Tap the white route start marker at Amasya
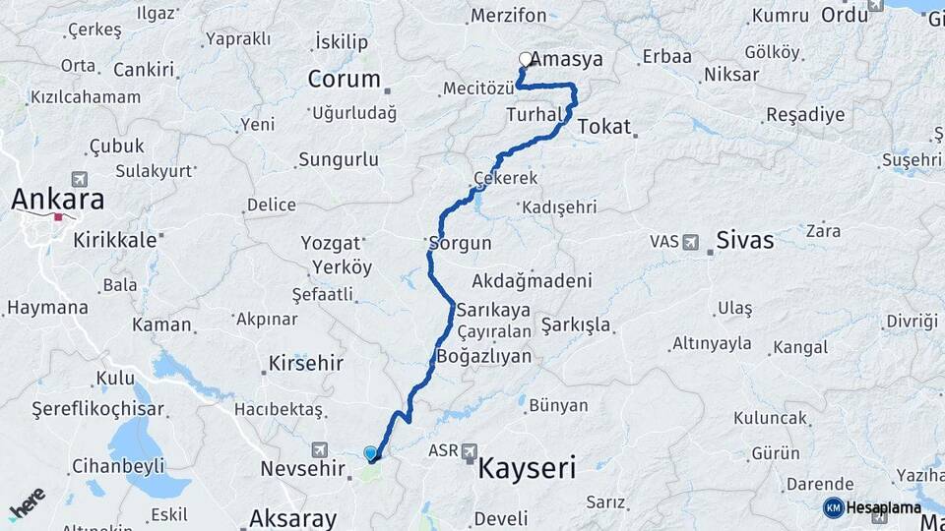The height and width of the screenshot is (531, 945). (x=526, y=59)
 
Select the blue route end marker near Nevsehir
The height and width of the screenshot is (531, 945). (x=370, y=453)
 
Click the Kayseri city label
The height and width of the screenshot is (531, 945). (x=527, y=468)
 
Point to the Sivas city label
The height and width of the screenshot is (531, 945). (x=744, y=240)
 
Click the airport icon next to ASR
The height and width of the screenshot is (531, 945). (x=469, y=450)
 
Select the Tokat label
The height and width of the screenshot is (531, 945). (x=604, y=126)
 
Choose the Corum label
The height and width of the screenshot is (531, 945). (x=344, y=80)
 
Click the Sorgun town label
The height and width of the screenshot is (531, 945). (x=455, y=241)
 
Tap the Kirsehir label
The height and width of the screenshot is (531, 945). (x=306, y=363)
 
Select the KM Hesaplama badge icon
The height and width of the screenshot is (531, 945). (x=834, y=507)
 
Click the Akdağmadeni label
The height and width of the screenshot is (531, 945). (x=532, y=279)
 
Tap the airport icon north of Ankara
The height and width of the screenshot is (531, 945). (x=79, y=180)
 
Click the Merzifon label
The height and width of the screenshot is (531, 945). (x=508, y=16)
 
